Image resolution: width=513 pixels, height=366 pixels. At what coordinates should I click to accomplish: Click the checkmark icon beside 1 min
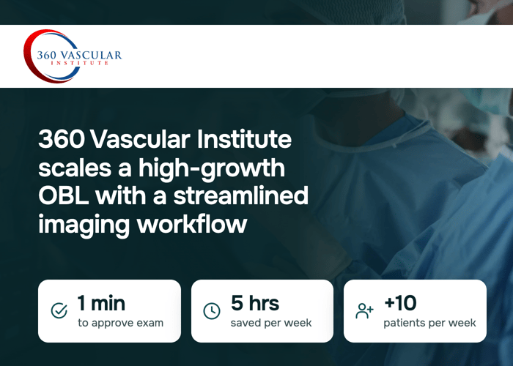click(59, 310)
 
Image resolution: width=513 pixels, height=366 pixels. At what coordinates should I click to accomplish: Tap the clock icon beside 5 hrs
click(212, 311)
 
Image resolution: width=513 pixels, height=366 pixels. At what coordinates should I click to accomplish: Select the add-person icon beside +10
click(364, 311)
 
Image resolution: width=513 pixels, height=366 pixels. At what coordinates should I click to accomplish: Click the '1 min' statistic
click(101, 303)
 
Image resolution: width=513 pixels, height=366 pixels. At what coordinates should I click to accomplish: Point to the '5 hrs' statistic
click(255, 303)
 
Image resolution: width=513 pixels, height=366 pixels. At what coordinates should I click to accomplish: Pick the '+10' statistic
click(400, 302)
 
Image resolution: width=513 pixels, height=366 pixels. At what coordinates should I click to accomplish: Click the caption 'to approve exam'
click(120, 324)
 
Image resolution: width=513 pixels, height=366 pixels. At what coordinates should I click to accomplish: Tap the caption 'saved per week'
click(271, 324)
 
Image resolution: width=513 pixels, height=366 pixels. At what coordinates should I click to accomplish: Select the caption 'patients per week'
click(429, 324)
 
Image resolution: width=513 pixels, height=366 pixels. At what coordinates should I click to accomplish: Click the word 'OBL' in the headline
click(64, 195)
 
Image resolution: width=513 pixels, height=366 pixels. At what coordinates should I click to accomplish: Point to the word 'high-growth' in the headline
click(211, 169)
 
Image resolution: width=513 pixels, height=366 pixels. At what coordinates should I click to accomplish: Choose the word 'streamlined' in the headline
click(241, 195)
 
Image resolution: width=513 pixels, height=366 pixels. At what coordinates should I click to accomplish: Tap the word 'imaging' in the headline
click(84, 225)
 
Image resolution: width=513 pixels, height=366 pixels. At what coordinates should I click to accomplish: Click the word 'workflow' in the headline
click(192, 224)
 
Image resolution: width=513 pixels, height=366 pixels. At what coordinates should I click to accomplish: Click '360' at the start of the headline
click(62, 139)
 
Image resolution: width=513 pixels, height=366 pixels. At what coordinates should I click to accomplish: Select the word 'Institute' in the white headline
click(244, 139)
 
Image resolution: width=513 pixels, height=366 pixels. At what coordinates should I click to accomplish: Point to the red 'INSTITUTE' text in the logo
click(79, 63)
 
